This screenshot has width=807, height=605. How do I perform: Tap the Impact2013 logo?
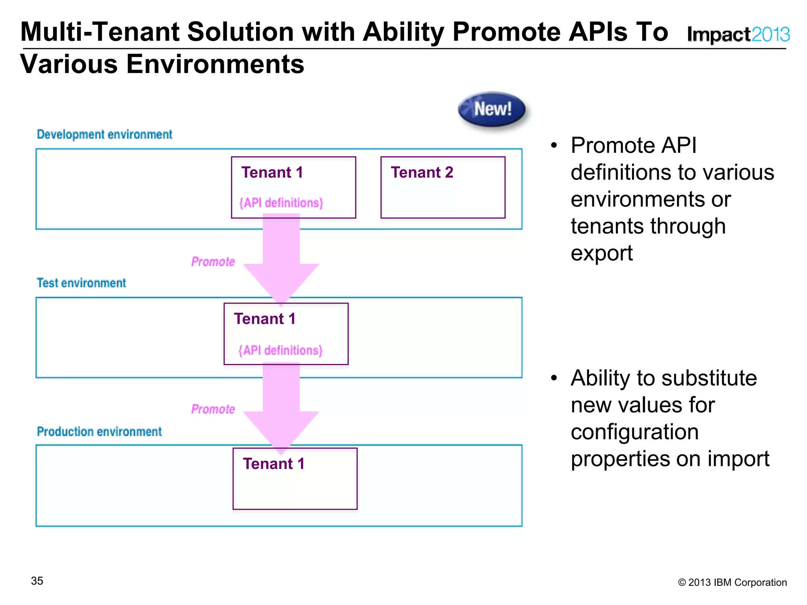tap(738, 34)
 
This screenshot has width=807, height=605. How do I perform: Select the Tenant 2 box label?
tap(422, 173)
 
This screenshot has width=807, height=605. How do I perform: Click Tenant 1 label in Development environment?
tap(272, 173)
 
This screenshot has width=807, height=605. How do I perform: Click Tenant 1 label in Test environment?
tap(265, 319)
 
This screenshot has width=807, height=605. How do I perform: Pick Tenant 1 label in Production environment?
tap(273, 464)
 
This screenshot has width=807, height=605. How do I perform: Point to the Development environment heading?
tap(104, 134)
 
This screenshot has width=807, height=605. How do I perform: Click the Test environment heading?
tap(81, 283)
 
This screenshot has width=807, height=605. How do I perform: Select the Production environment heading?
tap(99, 431)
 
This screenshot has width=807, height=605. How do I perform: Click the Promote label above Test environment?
tap(213, 262)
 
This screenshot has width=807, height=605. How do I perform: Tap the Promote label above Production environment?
tap(213, 409)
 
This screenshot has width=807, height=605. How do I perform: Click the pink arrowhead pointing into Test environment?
tap(281, 282)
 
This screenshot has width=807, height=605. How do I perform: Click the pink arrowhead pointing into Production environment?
tap(281, 429)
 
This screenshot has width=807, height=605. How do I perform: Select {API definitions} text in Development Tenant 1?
tap(281, 203)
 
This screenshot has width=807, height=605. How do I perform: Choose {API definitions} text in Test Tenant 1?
tap(281, 350)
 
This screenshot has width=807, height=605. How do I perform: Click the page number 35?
tap(37, 581)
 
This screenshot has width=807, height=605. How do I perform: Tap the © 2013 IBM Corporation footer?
tap(732, 582)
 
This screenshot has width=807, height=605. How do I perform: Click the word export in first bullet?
tap(601, 253)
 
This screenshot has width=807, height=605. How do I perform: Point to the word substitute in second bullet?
tap(709, 378)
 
